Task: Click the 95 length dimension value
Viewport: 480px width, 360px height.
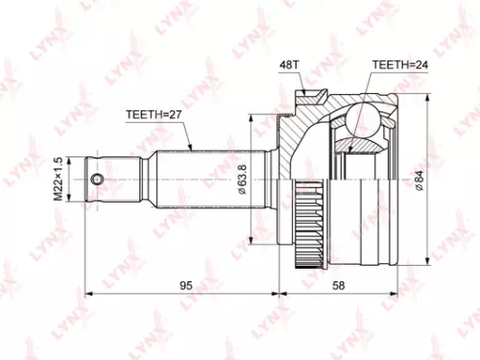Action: pyautogui.click(x=186, y=285)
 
